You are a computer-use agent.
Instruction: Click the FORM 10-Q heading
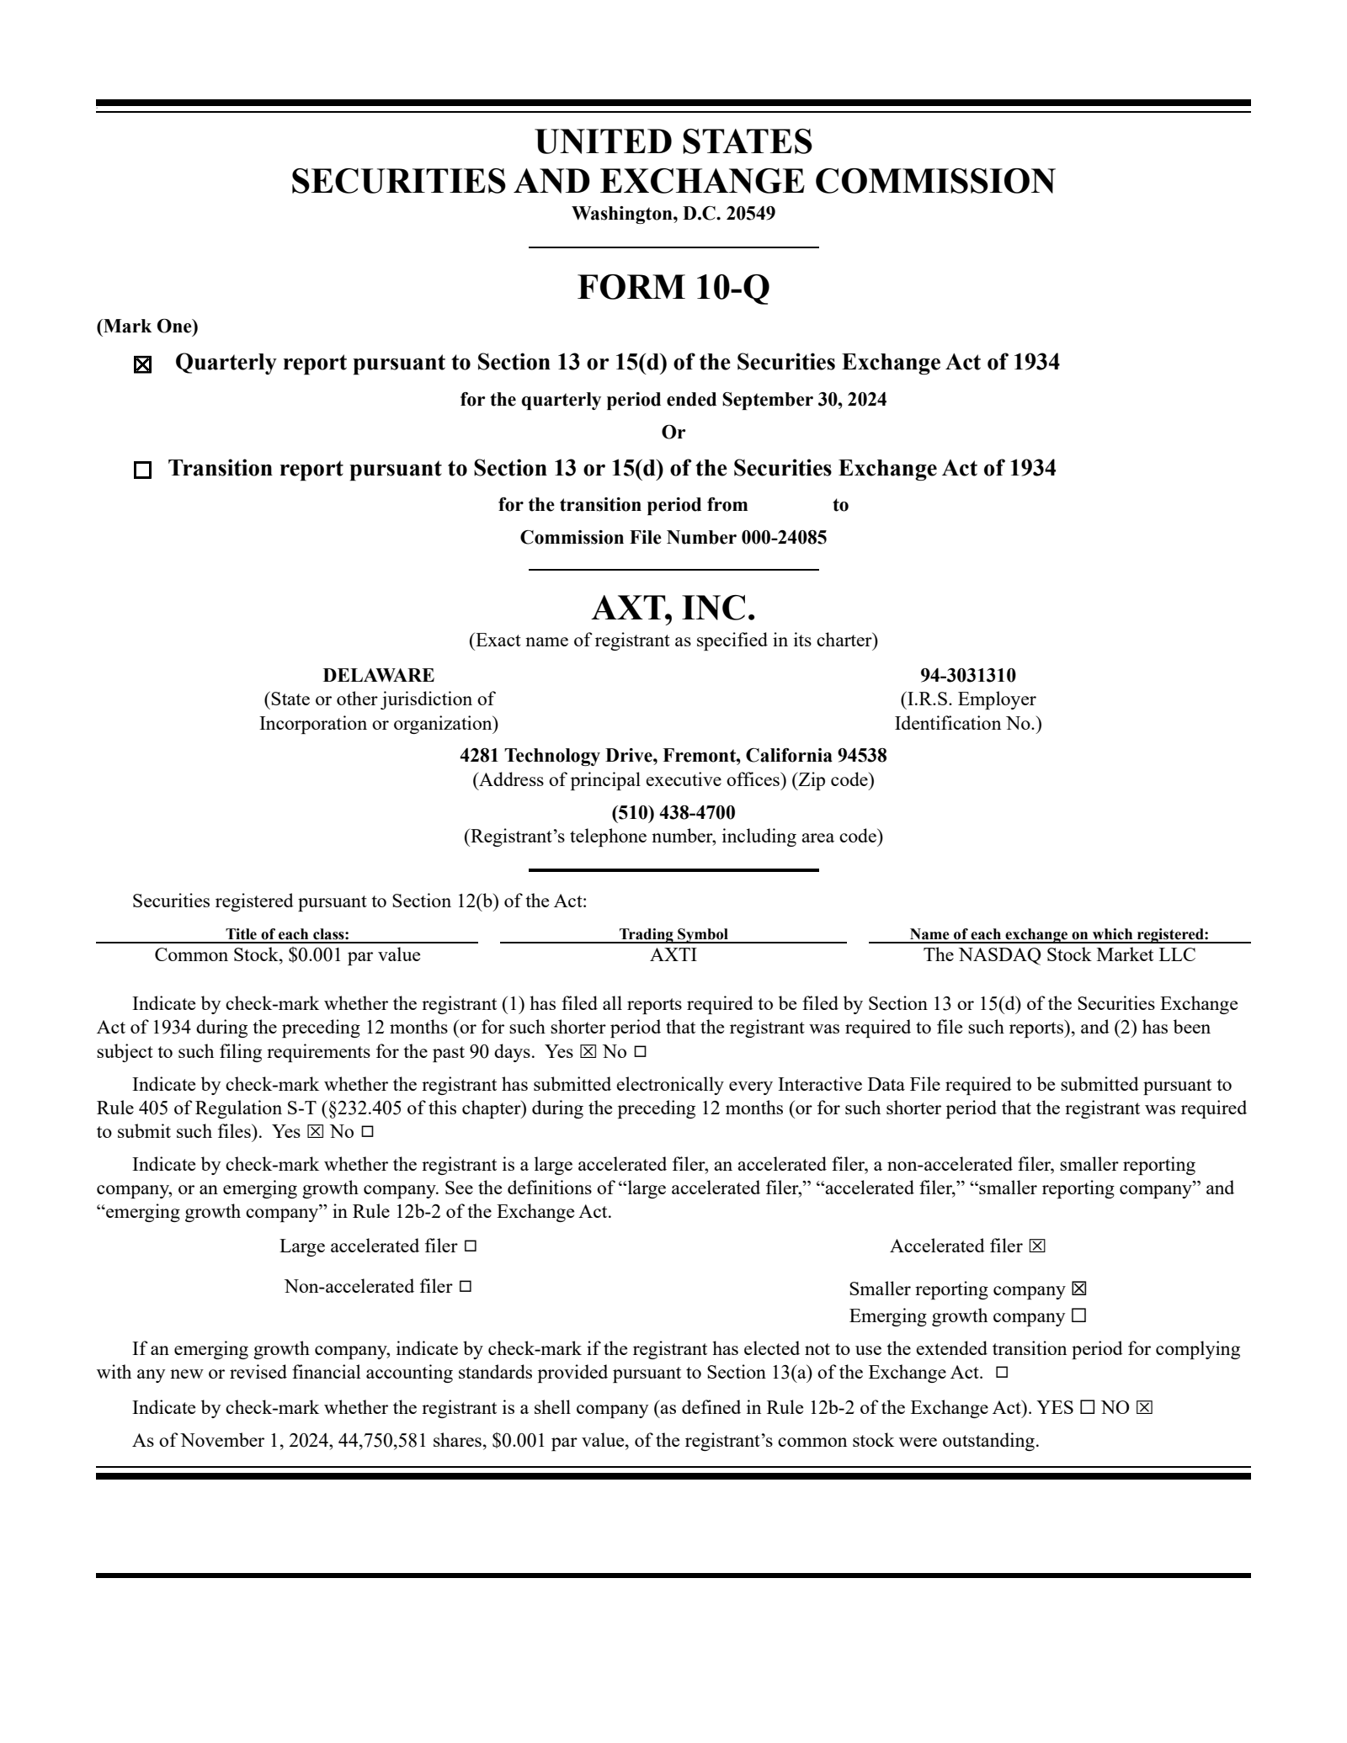[x=673, y=287]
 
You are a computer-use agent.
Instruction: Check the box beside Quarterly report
[x=143, y=365]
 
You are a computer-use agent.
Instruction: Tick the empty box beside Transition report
[x=143, y=470]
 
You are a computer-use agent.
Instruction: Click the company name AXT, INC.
[x=673, y=608]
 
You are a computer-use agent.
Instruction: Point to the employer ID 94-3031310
[x=967, y=675]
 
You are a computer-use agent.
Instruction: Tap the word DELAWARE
[x=379, y=675]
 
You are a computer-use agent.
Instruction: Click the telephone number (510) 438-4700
[x=673, y=812]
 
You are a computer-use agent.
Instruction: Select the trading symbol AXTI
[x=673, y=954]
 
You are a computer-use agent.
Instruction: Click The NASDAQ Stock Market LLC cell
[x=1059, y=954]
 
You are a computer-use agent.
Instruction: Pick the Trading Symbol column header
[x=673, y=933]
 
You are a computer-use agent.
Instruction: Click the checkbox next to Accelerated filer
[x=1037, y=1246]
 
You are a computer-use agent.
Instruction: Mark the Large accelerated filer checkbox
[x=470, y=1246]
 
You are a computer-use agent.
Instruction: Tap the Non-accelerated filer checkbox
[x=465, y=1287]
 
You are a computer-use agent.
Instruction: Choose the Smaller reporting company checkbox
[x=1079, y=1289]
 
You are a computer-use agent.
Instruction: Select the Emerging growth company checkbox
[x=1079, y=1315]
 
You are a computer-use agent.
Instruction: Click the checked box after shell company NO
[x=1143, y=1408]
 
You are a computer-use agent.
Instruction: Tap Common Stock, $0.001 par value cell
[x=287, y=954]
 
